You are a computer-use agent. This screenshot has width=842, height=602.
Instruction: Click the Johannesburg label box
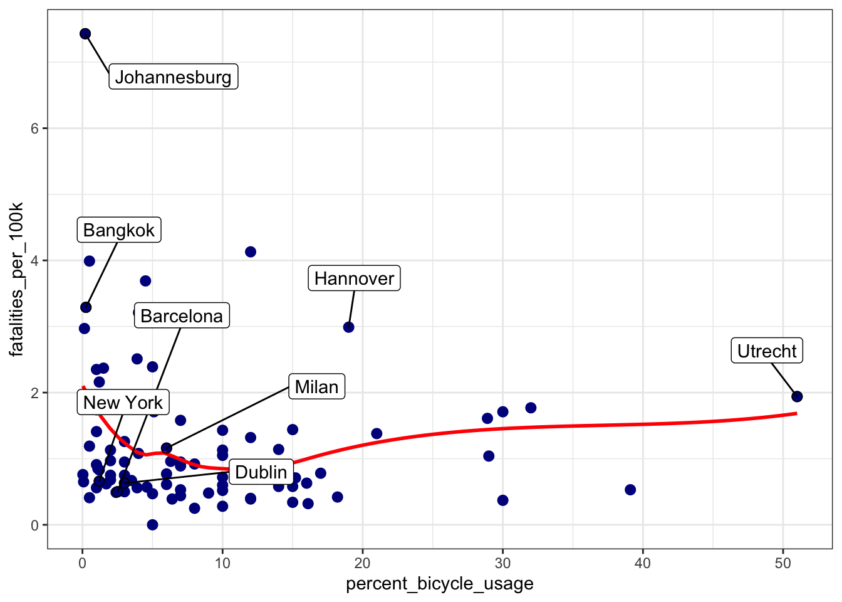tap(174, 77)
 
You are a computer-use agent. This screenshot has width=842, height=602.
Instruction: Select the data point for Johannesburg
tap(85, 34)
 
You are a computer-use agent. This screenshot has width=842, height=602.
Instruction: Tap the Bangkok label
tap(119, 230)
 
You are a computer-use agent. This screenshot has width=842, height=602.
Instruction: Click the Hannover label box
tap(354, 278)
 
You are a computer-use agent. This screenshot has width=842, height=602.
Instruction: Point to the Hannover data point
tap(349, 327)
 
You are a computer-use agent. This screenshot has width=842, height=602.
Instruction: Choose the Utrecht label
tap(767, 351)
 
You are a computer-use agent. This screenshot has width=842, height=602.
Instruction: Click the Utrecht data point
tap(797, 396)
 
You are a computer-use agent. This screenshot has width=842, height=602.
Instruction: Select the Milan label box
tap(316, 387)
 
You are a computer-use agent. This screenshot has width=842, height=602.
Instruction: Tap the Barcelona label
tap(182, 315)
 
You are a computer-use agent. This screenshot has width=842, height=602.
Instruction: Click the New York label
tap(123, 403)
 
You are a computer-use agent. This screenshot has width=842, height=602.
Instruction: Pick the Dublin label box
tap(261, 472)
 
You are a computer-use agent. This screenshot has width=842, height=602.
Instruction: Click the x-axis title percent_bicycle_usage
tap(440, 584)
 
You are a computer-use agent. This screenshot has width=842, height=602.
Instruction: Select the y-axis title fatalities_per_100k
tap(16, 279)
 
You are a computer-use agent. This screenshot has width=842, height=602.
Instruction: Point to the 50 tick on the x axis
tap(783, 563)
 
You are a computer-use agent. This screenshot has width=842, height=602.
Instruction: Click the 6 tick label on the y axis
tap(34, 129)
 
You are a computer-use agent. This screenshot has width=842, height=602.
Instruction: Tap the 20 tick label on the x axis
tap(363, 563)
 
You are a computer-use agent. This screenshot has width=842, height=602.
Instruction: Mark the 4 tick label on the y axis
tap(34, 261)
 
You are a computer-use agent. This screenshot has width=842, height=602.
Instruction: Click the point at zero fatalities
tap(152, 525)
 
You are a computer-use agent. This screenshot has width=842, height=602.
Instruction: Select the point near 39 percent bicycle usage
tap(630, 490)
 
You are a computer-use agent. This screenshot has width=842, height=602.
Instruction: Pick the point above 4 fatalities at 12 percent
tap(251, 252)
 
